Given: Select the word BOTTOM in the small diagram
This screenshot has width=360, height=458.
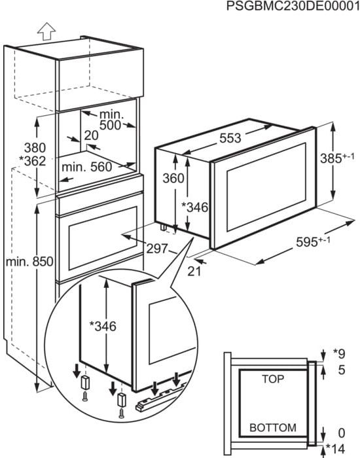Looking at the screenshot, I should click(272, 428).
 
